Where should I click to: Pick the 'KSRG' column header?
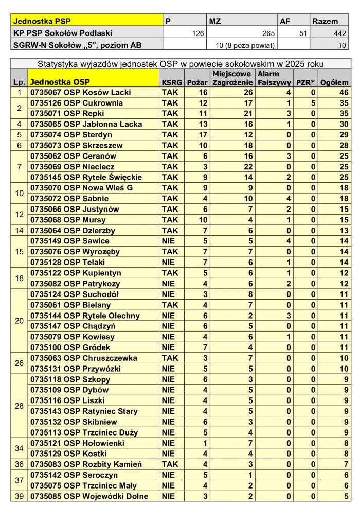coord(171,82)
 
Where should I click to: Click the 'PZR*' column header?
coord(305,82)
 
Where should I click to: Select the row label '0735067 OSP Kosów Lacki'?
coord(81,92)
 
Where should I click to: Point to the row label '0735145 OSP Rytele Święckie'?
coord(86,177)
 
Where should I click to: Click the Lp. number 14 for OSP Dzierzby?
coord(20,231)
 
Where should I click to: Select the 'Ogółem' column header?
coord(334,82)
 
